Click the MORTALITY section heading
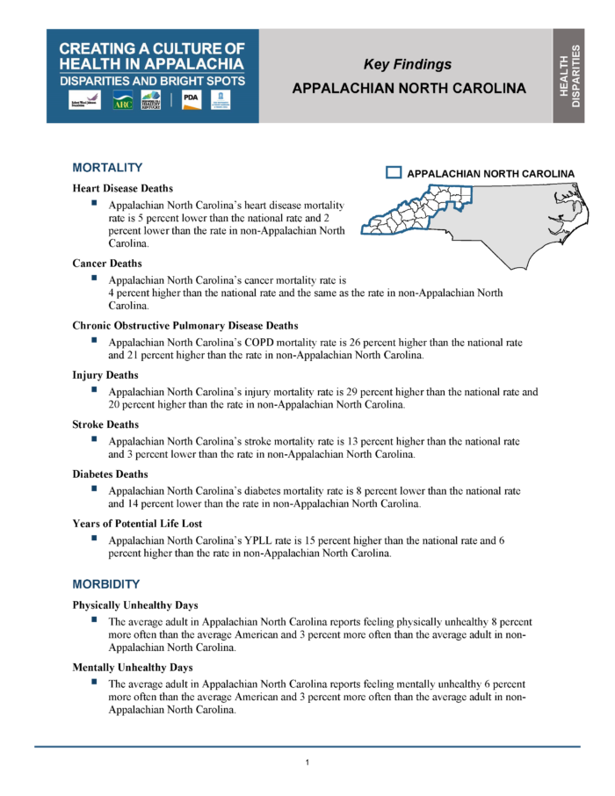click(107, 168)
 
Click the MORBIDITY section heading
click(106, 584)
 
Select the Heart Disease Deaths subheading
click(123, 188)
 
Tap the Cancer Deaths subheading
click(107, 263)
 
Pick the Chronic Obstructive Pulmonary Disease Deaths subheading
click(185, 325)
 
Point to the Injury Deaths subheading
click(105, 375)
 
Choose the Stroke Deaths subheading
click(105, 424)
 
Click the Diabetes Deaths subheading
click(111, 474)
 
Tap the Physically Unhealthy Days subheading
click(135, 605)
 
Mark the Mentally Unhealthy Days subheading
click(133, 668)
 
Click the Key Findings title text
click(408, 64)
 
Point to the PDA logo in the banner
click(191, 100)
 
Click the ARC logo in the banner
click(122, 101)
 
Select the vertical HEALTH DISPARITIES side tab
click(570, 75)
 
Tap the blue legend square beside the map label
click(394, 173)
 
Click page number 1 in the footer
click(307, 762)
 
